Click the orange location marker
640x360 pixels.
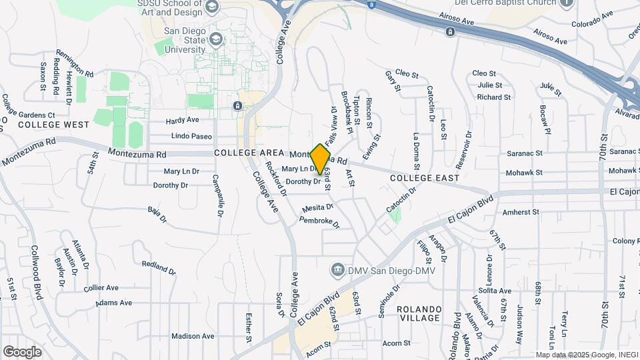pos(321,159)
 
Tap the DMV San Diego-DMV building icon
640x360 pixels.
pos(338,269)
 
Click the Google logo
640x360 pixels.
pos(22,351)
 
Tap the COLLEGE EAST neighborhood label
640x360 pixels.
pos(425,178)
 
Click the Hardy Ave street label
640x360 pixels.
pos(183,121)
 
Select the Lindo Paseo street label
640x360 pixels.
pos(191,136)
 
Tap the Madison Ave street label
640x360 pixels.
pos(193,336)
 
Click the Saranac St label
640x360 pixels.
pos(524,153)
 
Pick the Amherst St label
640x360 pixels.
pos(520,212)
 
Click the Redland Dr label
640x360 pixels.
pos(158,268)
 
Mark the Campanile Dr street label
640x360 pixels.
pos(217,196)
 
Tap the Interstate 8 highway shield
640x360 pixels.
pos(371,4)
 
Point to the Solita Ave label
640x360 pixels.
pos(494,291)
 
